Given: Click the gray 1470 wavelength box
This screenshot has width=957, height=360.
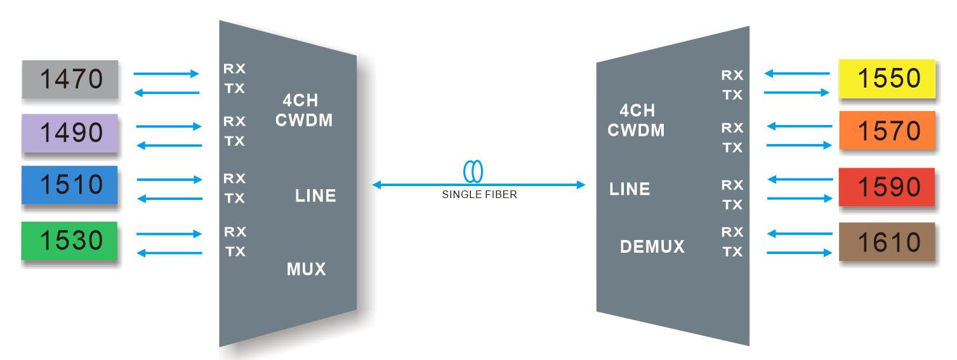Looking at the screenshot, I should [70, 79].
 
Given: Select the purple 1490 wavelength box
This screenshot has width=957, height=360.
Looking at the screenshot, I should [70, 133].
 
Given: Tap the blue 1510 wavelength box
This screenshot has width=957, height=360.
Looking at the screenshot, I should [70, 185].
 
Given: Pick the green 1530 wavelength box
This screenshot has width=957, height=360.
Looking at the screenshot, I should [70, 241].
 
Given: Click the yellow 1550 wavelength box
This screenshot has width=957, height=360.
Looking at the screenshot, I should [887, 78].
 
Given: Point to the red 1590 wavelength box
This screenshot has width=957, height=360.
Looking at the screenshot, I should [887, 187].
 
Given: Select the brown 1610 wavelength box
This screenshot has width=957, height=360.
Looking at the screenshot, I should [887, 242].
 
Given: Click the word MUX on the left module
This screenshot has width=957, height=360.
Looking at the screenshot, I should [306, 269].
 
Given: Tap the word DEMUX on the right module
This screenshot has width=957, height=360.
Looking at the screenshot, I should [652, 246].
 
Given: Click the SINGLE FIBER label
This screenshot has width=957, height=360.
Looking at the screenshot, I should [479, 196].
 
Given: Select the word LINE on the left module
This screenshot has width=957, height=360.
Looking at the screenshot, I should [315, 196].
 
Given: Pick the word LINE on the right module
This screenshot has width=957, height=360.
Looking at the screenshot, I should [630, 189].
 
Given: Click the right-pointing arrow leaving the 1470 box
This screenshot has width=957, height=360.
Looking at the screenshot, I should [166, 74].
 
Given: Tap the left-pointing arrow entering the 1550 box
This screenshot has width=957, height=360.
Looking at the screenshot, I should [797, 73].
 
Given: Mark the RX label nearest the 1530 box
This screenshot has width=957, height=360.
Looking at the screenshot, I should [235, 230].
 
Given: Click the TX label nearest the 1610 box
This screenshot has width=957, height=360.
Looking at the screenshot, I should [732, 252].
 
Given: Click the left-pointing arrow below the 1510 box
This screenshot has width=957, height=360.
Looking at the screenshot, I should [169, 199].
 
